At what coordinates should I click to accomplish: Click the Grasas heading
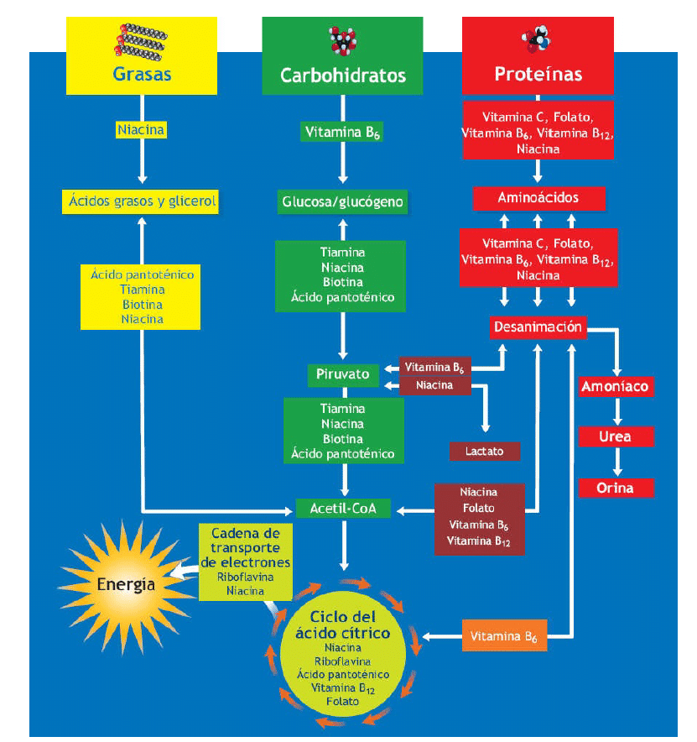pyautogui.click(x=142, y=74)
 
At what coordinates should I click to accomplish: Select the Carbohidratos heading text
pyautogui.click(x=342, y=76)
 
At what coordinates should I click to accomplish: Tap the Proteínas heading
pyautogui.click(x=538, y=74)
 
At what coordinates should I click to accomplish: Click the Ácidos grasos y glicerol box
pyautogui.click(x=141, y=201)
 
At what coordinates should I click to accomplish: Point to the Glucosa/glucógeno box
pyautogui.click(x=342, y=201)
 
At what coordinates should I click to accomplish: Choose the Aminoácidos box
pyautogui.click(x=538, y=198)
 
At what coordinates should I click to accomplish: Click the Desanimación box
pyautogui.click(x=538, y=327)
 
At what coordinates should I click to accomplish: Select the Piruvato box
pyautogui.click(x=343, y=374)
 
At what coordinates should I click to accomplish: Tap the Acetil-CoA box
pyautogui.click(x=343, y=508)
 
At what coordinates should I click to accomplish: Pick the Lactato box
pyautogui.click(x=485, y=452)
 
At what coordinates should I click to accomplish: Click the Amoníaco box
pyautogui.click(x=616, y=387)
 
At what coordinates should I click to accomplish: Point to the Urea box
pyautogui.click(x=616, y=437)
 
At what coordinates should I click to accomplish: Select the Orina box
pyautogui.click(x=616, y=488)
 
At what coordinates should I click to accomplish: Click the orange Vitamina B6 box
pyautogui.click(x=504, y=636)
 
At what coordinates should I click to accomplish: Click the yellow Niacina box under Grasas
pyautogui.click(x=141, y=130)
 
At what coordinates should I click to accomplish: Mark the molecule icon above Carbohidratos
pyautogui.click(x=341, y=39)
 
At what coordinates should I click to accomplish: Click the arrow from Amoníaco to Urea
pyautogui.click(x=616, y=412)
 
